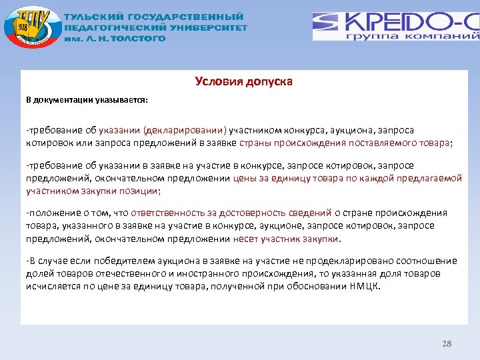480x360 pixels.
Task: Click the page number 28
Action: pyautogui.click(x=447, y=344)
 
